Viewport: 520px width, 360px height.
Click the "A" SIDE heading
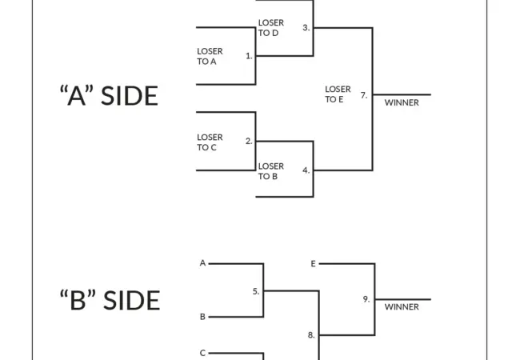click(x=109, y=95)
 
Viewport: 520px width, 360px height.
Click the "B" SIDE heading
click(x=110, y=300)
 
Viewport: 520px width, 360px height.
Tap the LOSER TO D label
click(x=270, y=28)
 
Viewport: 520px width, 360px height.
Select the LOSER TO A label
click(x=210, y=55)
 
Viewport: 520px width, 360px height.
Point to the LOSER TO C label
click(x=210, y=142)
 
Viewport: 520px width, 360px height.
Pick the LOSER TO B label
click(x=270, y=171)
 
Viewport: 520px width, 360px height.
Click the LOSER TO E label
click(x=338, y=94)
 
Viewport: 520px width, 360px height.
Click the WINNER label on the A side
click(x=402, y=102)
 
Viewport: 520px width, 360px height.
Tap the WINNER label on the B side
click(x=402, y=306)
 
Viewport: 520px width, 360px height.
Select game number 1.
click(x=249, y=56)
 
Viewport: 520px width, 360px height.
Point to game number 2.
click(x=249, y=141)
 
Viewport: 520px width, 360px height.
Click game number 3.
click(x=306, y=27)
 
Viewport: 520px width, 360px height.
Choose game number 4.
click(x=306, y=170)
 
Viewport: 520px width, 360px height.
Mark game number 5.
click(x=256, y=291)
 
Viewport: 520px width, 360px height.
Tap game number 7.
click(x=364, y=95)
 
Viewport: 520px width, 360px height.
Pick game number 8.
click(x=311, y=335)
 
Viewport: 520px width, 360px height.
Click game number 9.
click(x=366, y=299)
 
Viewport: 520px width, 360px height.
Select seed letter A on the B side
click(x=202, y=262)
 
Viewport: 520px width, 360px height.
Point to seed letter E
click(x=313, y=262)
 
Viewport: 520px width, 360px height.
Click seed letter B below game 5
click(x=202, y=317)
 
